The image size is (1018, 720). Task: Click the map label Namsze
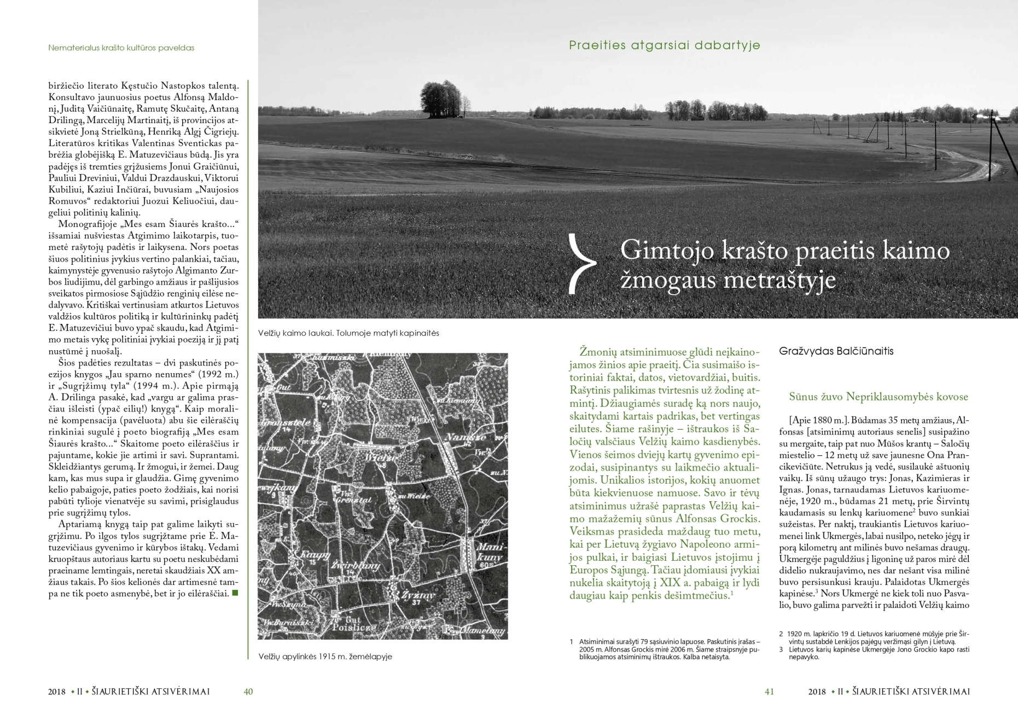point(458,438)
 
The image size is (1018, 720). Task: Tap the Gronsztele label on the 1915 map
point(280,423)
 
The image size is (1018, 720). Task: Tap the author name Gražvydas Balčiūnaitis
point(836,351)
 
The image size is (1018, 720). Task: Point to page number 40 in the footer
point(248,692)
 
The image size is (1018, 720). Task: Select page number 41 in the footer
point(769,692)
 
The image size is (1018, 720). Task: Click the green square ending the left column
point(235,593)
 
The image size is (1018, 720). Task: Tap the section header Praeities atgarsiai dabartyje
point(664,45)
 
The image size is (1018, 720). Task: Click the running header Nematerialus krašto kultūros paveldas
point(121,48)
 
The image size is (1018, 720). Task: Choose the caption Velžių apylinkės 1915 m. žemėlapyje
point(325,657)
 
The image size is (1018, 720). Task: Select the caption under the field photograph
point(348,333)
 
